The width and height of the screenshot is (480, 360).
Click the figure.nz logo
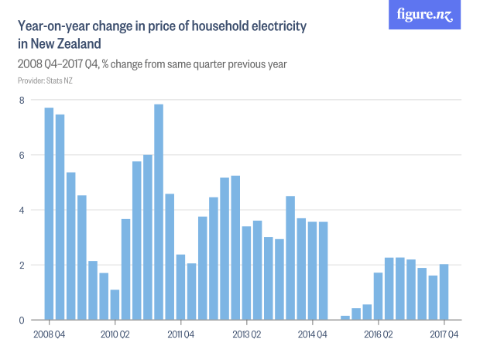coord(424,15)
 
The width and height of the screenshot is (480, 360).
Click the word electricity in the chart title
coord(275,26)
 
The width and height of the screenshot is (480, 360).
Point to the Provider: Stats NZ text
coord(45,81)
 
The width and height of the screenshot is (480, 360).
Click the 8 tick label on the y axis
coord(22,100)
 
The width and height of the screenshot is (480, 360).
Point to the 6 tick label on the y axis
coord(22,155)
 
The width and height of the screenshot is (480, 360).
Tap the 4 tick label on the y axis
coord(22,210)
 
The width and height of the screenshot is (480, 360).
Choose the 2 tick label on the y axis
coord(22,265)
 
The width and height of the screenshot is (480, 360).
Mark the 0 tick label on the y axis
coord(22,320)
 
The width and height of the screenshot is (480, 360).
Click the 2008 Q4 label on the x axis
coord(49,334)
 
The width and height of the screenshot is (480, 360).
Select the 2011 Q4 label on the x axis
coord(180,334)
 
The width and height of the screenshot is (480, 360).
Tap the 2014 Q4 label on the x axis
coord(312,334)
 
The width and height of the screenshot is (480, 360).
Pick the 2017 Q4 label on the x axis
coord(444,334)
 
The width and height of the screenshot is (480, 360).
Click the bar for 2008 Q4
coord(49,214)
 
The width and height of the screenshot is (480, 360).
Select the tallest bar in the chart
coord(159,212)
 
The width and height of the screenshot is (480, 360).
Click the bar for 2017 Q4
coord(444,292)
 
